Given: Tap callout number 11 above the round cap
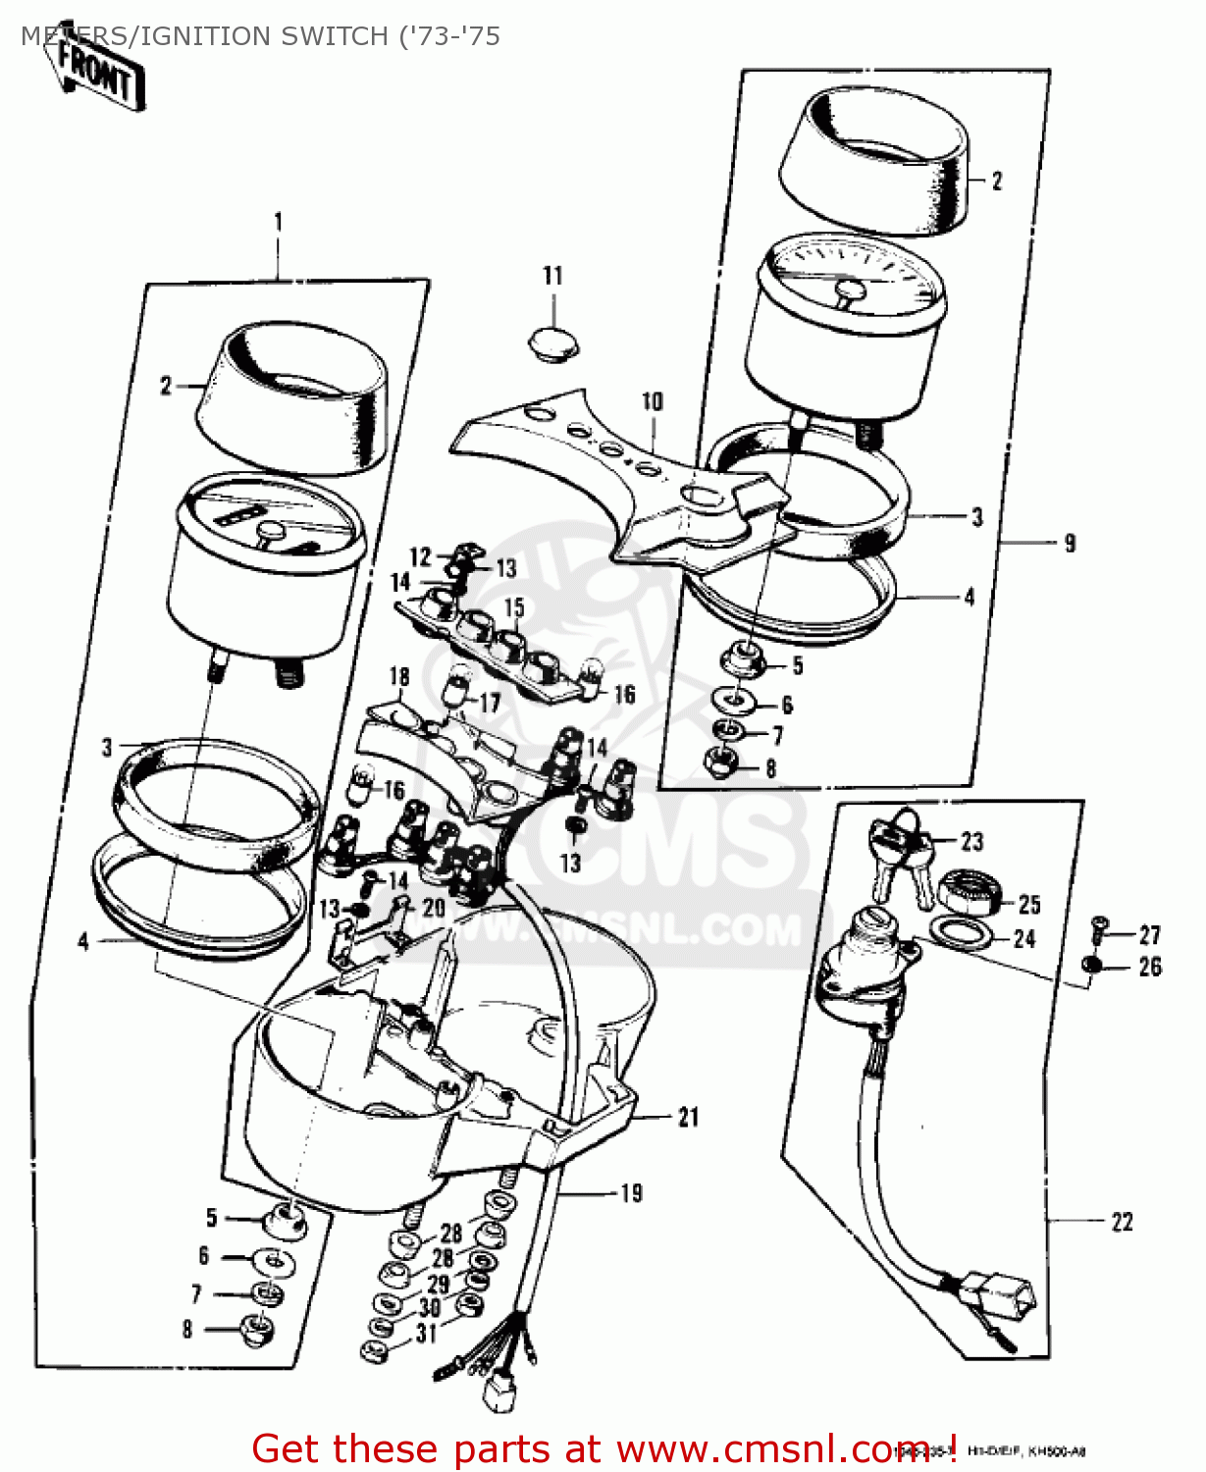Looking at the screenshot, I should pyautogui.click(x=552, y=276).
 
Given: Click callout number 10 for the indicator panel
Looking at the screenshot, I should pyautogui.click(x=652, y=401).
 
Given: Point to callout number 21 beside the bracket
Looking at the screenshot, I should pyautogui.click(x=688, y=1117).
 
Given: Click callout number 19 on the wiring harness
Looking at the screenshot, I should pyautogui.click(x=632, y=1193).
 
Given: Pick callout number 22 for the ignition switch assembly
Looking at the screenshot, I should pyautogui.click(x=1122, y=1222).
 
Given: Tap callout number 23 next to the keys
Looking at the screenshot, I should pyautogui.click(x=971, y=841).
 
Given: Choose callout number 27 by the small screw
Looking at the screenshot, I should pyautogui.click(x=1149, y=935).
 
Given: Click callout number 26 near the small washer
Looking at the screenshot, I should pyautogui.click(x=1149, y=967).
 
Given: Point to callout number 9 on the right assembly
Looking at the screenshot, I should pyautogui.click(x=1070, y=543).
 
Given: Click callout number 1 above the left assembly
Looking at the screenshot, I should pyautogui.click(x=278, y=222).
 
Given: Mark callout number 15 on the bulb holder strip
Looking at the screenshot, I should pyautogui.click(x=514, y=608).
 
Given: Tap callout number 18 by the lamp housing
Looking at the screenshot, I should pyautogui.click(x=398, y=676).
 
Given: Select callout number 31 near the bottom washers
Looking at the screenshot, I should pyautogui.click(x=426, y=1333).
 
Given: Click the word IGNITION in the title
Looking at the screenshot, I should pyautogui.click(x=213, y=36).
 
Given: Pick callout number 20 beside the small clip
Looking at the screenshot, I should pyautogui.click(x=433, y=908).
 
